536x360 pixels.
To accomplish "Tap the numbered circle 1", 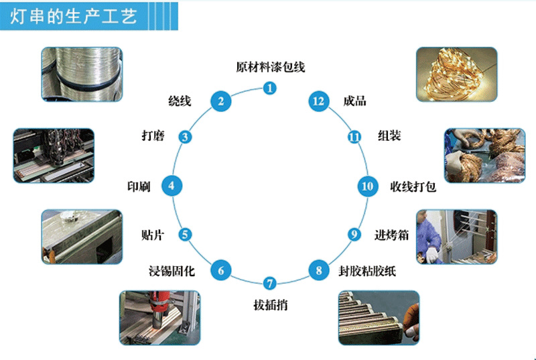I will pos(269,88).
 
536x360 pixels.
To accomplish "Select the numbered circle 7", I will pos(269,284).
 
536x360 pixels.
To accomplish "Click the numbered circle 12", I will pos(318,101).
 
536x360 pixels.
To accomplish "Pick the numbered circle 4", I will pos(172,186).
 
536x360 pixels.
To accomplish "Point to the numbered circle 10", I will pos(366,186).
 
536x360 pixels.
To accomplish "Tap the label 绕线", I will pos(180,102).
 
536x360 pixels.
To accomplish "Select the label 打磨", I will pos(153,136).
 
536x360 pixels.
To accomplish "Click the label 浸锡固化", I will pos(172,271).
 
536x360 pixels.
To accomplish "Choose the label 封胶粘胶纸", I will pos(367,271).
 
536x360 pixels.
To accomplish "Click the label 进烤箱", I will pos(391,235).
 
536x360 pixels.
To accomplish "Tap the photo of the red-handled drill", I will pos(159,316).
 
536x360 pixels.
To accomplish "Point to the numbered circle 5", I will pos(186,235).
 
